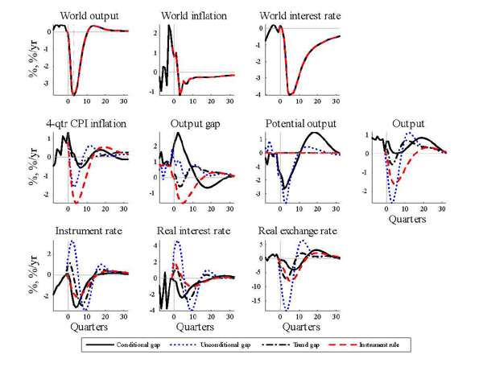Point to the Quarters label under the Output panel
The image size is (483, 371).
407,218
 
